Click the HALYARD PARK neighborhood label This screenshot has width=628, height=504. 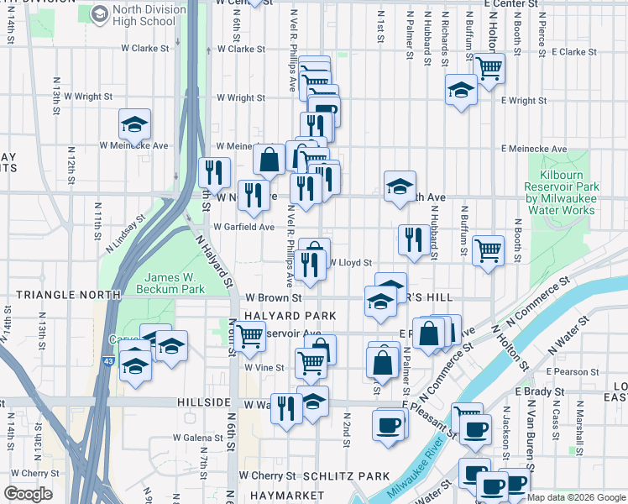[290, 316]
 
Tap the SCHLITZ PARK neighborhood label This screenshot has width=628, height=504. [347, 476]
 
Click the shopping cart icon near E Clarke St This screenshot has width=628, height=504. [489, 66]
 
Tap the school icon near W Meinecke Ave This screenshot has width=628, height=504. [134, 124]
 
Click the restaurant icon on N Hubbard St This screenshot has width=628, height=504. [413, 238]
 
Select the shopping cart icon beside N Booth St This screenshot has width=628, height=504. [488, 249]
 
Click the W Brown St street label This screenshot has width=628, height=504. [274, 298]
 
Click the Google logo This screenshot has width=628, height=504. [28, 493]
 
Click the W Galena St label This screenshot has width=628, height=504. [198, 438]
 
